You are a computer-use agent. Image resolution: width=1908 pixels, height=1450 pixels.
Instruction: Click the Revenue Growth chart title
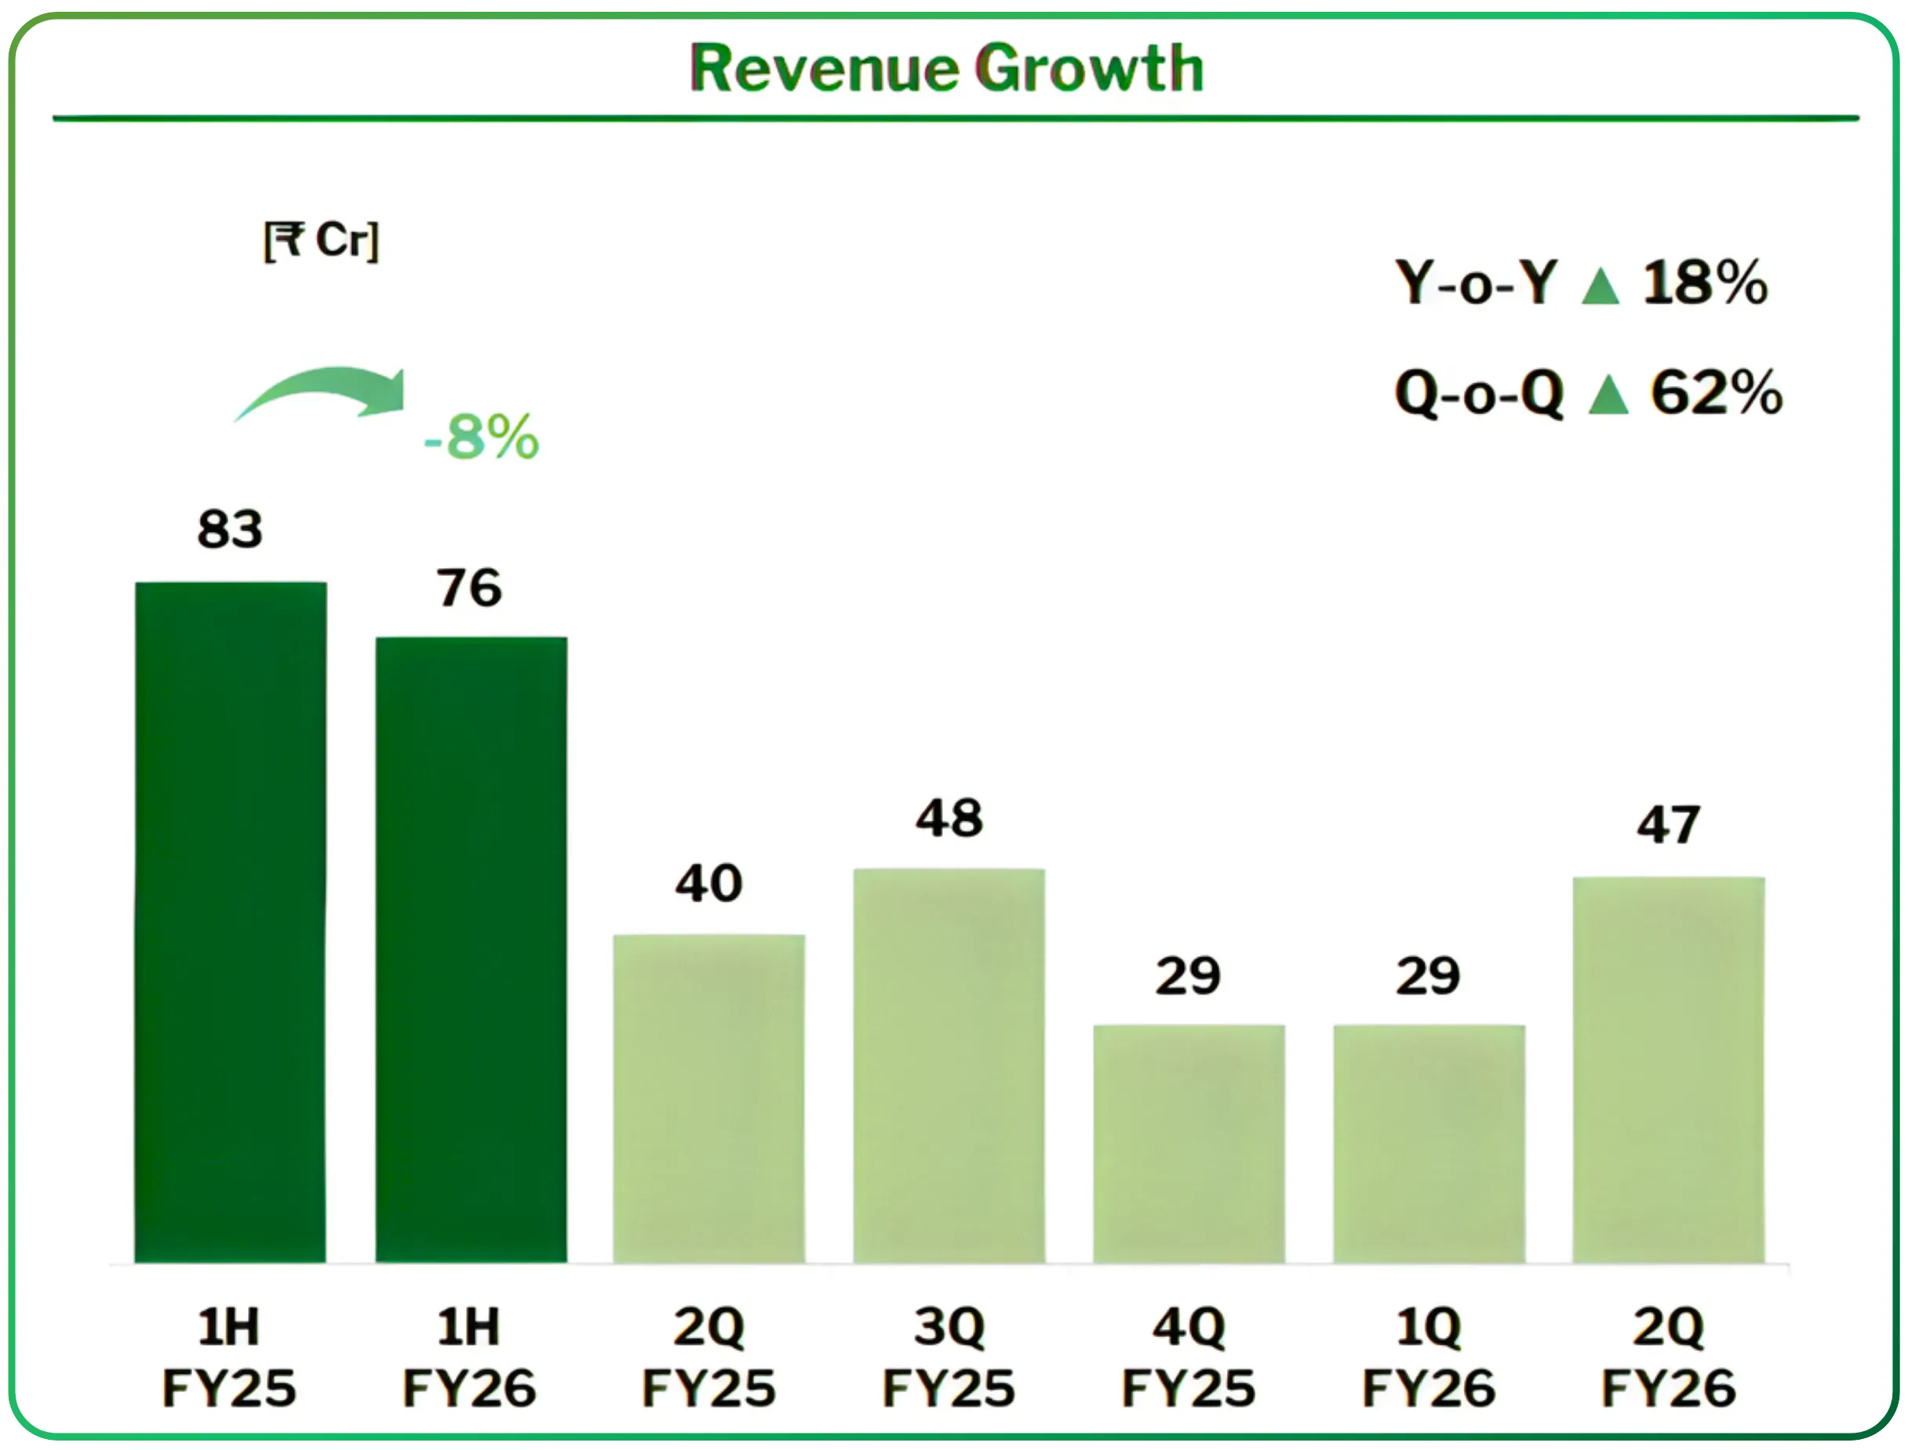click(947, 69)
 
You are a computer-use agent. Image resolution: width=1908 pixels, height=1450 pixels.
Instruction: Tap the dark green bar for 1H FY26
click(472, 949)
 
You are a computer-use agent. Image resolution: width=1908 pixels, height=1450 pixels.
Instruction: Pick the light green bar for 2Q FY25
click(709, 1098)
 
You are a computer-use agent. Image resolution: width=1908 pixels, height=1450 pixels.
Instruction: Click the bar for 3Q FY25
click(949, 1065)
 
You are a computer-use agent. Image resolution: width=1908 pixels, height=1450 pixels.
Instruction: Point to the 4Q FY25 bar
click(1189, 1144)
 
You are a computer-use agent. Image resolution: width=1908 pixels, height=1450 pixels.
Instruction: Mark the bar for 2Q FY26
click(1669, 1070)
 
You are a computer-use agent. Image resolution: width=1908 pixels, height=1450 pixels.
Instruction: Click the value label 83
click(230, 529)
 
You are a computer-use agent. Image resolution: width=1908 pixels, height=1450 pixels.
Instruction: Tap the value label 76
click(468, 588)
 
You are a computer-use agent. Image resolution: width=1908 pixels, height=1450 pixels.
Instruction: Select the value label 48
click(949, 818)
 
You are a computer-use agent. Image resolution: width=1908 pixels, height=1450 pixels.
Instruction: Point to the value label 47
click(1668, 825)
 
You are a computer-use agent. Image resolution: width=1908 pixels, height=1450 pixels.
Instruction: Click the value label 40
click(708, 883)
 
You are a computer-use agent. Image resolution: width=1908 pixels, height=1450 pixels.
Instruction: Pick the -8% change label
click(482, 438)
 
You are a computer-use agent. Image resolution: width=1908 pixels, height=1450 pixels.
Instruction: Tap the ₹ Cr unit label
click(321, 241)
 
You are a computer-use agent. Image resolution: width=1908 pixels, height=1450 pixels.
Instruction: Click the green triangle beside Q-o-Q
click(1608, 396)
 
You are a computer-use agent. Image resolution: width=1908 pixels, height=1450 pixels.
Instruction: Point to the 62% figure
click(1717, 394)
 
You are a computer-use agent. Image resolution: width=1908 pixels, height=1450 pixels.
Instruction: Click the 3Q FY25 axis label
click(949, 1357)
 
